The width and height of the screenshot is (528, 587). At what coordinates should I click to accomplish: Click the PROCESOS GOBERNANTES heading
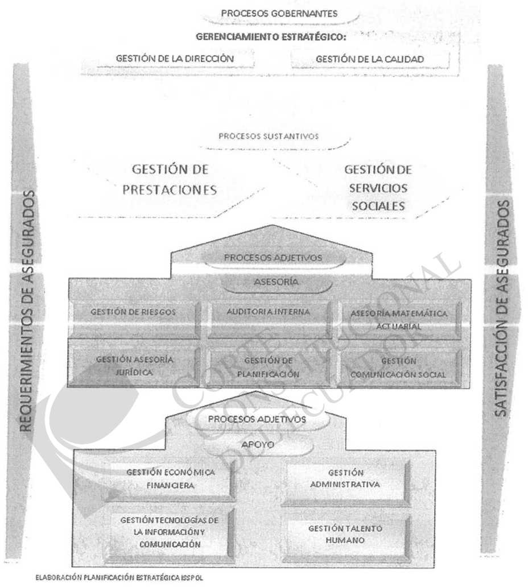tap(279, 14)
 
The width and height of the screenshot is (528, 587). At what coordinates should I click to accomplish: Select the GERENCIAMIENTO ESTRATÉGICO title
tap(271, 37)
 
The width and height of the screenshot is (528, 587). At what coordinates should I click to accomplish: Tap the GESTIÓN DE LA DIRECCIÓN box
tap(175, 59)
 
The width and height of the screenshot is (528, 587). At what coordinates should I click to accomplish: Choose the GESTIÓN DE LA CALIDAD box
tap(370, 59)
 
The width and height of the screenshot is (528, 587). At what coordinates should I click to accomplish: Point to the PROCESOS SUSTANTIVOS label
tap(269, 137)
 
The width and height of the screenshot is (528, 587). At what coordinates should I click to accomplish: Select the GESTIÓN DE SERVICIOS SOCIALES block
tap(378, 188)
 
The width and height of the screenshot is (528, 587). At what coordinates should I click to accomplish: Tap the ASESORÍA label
tap(277, 282)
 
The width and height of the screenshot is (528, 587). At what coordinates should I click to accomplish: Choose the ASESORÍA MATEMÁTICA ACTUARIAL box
tap(399, 319)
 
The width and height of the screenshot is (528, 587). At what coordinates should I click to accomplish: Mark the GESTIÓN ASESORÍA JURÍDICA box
tap(134, 366)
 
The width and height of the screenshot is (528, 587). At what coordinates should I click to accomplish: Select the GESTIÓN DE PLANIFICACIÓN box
tap(268, 367)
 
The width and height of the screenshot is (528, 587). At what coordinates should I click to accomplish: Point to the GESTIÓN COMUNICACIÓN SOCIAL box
tap(398, 367)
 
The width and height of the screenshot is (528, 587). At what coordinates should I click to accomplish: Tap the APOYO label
tap(258, 445)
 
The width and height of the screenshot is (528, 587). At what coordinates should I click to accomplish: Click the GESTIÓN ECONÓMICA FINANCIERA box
tap(170, 479)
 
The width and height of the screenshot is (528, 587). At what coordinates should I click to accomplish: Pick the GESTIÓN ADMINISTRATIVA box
tap(345, 479)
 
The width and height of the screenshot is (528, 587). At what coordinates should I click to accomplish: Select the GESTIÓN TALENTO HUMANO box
tap(345, 535)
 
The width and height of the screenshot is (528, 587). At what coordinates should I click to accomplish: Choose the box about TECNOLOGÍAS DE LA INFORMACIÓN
tap(170, 532)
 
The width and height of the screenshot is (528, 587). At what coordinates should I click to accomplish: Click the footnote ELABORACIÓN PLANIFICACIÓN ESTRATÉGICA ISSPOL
tap(119, 577)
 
